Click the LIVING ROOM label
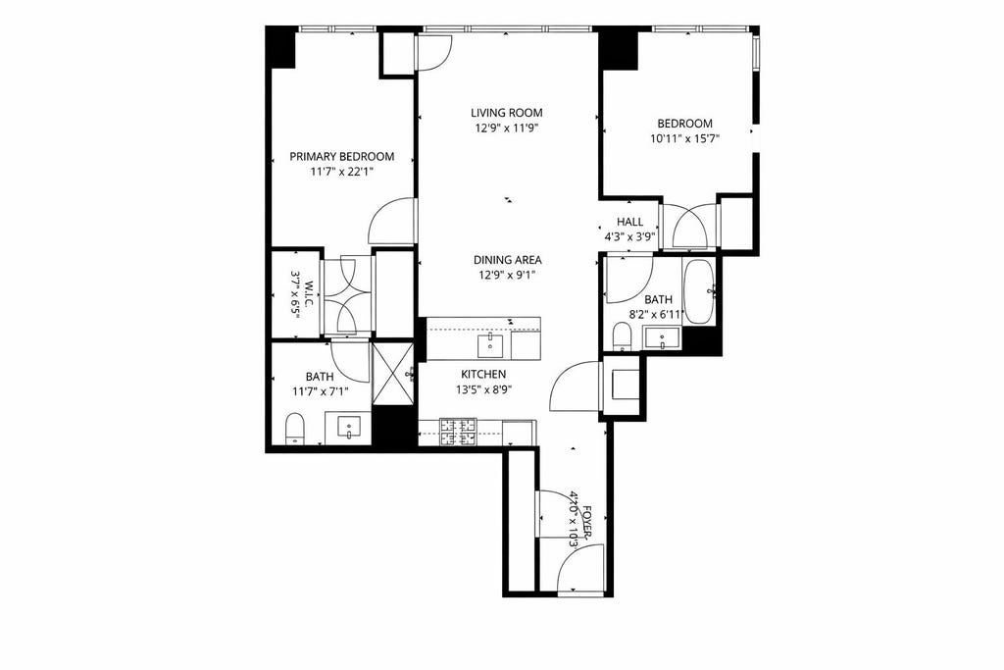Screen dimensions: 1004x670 507,113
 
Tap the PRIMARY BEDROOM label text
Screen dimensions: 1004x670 342,156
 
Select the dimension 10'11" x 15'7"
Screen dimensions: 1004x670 684,139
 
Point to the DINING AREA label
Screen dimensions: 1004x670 507,260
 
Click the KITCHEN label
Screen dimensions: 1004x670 483,374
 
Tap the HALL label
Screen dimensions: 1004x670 629,222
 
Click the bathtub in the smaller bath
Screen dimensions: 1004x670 698,292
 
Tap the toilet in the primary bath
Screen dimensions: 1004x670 294,428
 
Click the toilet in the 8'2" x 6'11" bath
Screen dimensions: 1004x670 622,336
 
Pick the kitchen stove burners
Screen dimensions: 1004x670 458,432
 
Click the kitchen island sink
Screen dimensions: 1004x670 490,344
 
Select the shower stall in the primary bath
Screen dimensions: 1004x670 392,374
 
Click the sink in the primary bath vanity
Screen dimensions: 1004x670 349,428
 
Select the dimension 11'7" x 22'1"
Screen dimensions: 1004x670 342,172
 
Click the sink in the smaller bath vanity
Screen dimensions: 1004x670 663,338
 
